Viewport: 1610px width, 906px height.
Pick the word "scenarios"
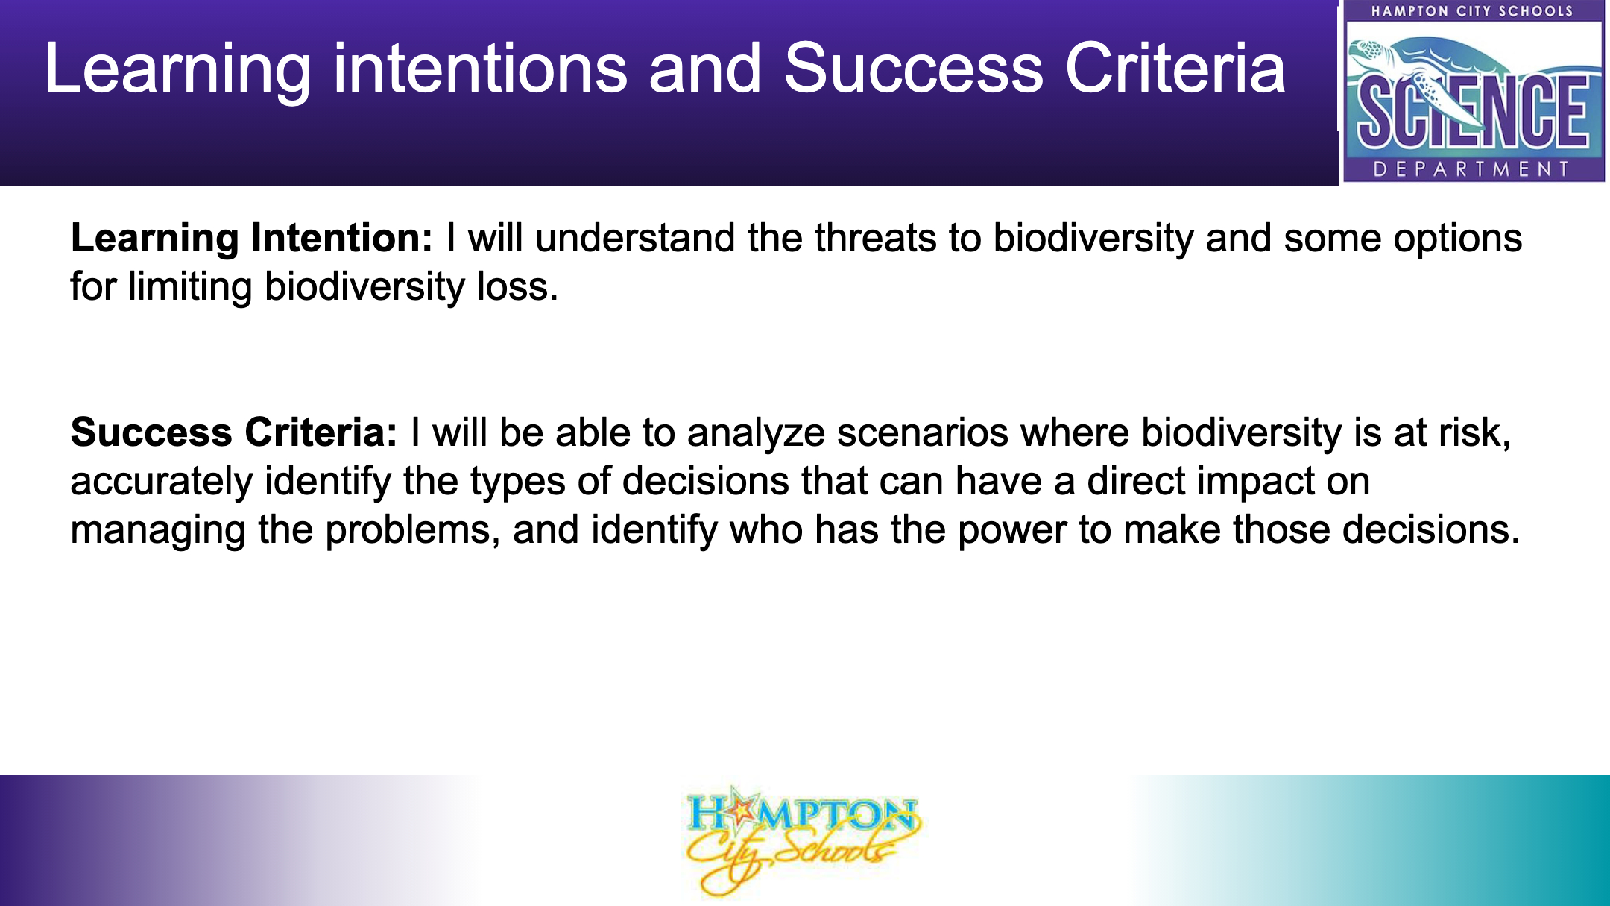923,434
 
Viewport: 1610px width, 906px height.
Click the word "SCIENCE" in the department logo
1472,112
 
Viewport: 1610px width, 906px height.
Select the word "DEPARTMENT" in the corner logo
1471,169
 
